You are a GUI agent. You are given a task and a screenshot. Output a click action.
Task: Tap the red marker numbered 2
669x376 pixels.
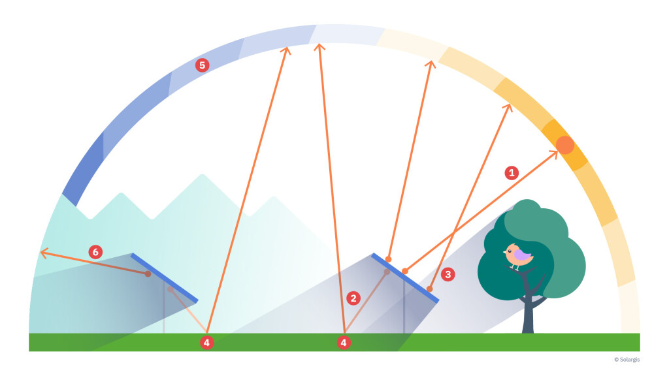[353, 298]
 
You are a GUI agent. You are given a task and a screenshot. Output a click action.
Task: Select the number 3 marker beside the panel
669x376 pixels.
[448, 274]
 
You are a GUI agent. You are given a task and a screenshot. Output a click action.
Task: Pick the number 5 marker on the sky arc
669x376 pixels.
[203, 65]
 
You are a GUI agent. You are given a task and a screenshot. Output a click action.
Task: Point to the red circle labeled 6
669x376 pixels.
[95, 251]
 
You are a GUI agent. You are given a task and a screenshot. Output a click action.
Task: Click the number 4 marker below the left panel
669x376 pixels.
[207, 342]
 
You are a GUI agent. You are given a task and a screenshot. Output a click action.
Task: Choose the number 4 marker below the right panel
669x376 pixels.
[344, 342]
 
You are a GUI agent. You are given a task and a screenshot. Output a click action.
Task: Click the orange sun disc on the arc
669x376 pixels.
[564, 145]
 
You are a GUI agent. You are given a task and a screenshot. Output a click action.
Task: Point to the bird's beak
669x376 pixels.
[505, 252]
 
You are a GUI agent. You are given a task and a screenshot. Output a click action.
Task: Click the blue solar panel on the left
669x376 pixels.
[165, 278]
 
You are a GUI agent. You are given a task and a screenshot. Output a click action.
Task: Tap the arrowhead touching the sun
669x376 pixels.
[554, 153]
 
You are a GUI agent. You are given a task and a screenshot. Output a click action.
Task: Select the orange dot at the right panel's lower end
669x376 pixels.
[430, 289]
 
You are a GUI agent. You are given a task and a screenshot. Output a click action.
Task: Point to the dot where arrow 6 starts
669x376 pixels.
[148, 274]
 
